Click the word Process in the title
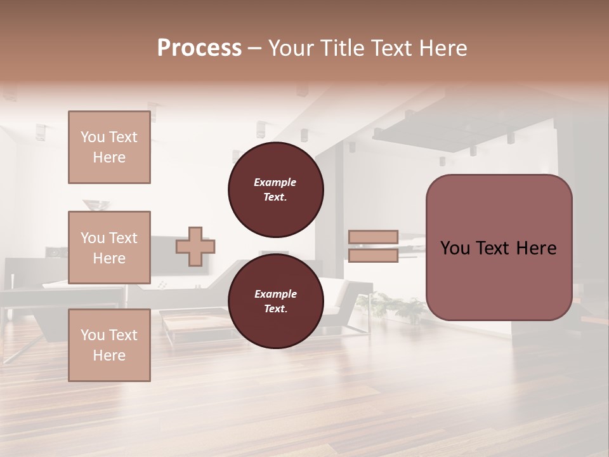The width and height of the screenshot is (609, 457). (199, 48)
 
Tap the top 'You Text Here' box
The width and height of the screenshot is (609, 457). (109, 147)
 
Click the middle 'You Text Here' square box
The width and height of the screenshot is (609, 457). (109, 248)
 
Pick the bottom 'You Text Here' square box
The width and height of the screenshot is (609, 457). (109, 345)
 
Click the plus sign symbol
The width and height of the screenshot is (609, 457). (195, 246)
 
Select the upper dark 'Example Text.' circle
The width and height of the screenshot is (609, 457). (275, 189)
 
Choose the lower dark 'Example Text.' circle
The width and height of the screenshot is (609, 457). (275, 301)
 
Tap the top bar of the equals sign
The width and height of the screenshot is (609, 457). (373, 237)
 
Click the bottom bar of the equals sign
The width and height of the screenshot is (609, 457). (373, 256)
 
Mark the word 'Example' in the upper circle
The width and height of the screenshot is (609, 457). (275, 182)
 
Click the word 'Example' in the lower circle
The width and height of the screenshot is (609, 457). (275, 294)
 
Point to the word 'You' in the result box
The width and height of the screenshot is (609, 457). (455, 248)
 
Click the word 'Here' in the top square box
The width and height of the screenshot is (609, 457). (109, 157)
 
